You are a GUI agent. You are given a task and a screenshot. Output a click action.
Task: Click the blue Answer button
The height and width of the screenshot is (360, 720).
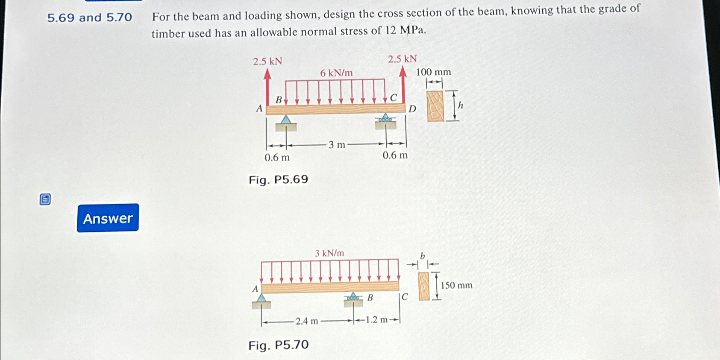pos(108,218)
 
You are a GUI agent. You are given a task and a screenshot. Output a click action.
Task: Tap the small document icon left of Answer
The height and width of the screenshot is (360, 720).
pos(45,199)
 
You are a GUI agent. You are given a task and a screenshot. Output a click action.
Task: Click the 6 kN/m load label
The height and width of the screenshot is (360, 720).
pos(336,73)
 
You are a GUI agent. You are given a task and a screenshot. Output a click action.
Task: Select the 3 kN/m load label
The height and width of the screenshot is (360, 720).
pos(329,253)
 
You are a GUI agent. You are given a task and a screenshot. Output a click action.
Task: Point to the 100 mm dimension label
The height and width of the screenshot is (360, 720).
pos(433,72)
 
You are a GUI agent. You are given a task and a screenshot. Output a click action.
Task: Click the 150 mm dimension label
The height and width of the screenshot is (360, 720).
pos(456,285)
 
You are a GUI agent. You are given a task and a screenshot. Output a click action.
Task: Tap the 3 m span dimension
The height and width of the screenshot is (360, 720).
pos(337,145)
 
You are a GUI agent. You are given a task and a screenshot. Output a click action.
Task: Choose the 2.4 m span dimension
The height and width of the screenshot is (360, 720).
pos(306,321)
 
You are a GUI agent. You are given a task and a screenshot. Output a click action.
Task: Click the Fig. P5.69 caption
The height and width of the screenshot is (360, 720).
pos(278,179)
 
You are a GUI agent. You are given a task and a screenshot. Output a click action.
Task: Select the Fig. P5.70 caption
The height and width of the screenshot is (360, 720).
pos(278,345)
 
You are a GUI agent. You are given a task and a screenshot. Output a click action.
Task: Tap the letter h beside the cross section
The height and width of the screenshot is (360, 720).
pos(461,105)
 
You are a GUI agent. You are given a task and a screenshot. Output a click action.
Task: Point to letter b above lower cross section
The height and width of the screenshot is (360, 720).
pos(422,256)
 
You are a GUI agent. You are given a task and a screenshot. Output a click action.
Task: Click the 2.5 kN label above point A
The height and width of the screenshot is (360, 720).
pos(267,61)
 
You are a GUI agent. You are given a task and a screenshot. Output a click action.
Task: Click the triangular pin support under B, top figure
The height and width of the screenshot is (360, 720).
pos(286,120)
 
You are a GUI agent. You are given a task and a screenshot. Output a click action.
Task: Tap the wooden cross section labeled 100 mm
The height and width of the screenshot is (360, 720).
pos(435,106)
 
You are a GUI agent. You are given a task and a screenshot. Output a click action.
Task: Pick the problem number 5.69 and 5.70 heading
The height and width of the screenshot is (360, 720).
pos(90,18)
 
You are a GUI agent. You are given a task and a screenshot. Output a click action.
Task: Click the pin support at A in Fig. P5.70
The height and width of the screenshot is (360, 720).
pos(262,299)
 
